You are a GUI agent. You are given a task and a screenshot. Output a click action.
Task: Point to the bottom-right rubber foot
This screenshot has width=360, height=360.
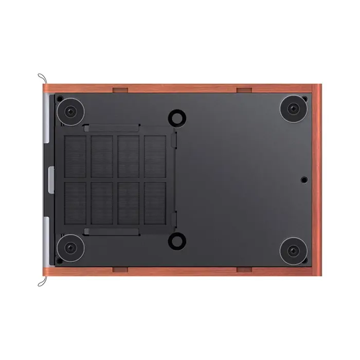pos(294,250)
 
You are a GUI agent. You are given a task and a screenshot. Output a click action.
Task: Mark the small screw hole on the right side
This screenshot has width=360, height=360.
pos(304,179)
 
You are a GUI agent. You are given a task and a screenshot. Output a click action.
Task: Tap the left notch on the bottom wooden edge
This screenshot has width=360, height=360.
pos(120,268)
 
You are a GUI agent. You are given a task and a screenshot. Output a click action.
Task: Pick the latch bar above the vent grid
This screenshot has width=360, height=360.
pos(112,128)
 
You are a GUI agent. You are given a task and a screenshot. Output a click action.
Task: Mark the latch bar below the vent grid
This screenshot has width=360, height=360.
pos(112,231)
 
